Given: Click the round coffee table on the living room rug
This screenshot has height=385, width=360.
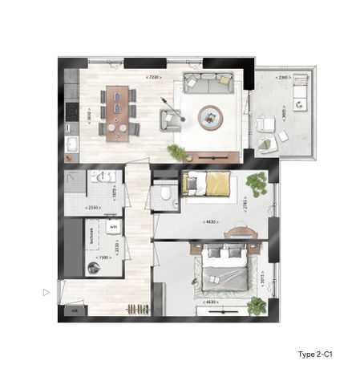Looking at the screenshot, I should coord(211,117).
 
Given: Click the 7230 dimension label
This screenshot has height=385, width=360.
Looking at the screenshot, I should coord(153,77).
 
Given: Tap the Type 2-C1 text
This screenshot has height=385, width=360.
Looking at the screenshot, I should coord(314,354).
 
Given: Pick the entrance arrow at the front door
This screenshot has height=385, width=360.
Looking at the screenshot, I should coord(47,292).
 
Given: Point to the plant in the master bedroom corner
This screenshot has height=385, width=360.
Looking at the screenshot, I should coord(257,305).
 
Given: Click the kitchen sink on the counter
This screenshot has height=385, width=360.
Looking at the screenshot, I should coord(71,144).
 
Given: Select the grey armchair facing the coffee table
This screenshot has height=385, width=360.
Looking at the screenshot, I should coord(170,120).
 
